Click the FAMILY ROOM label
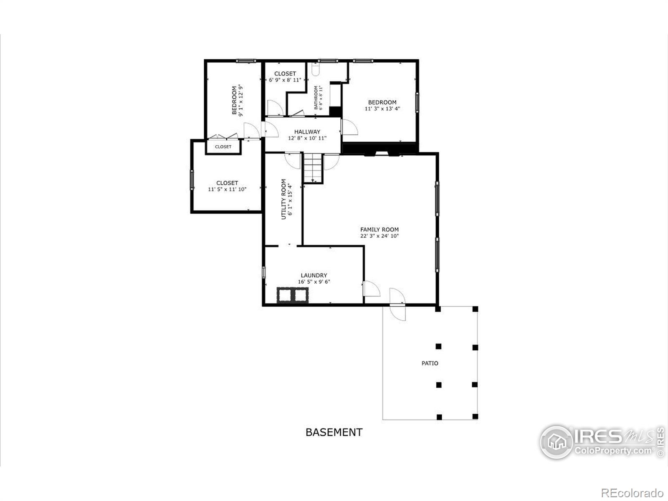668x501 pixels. (379, 229)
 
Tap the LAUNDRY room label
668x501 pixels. (314, 275)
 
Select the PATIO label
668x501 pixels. (430, 363)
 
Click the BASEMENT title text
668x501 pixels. (334, 432)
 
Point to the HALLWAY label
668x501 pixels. (307, 132)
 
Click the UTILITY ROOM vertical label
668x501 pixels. (283, 199)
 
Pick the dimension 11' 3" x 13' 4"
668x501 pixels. (382, 109)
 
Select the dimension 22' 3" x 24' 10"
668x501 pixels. (379, 236)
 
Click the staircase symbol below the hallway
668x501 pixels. (313, 168)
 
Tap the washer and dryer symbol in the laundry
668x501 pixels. (293, 295)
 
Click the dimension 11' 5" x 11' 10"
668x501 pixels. (227, 189)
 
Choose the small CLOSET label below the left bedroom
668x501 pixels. (223, 147)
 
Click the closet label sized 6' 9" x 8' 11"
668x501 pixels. (285, 73)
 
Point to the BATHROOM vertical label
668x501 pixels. (316, 98)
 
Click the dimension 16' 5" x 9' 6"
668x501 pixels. (314, 282)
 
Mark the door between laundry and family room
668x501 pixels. (371, 289)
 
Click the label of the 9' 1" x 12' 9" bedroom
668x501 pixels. (234, 100)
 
